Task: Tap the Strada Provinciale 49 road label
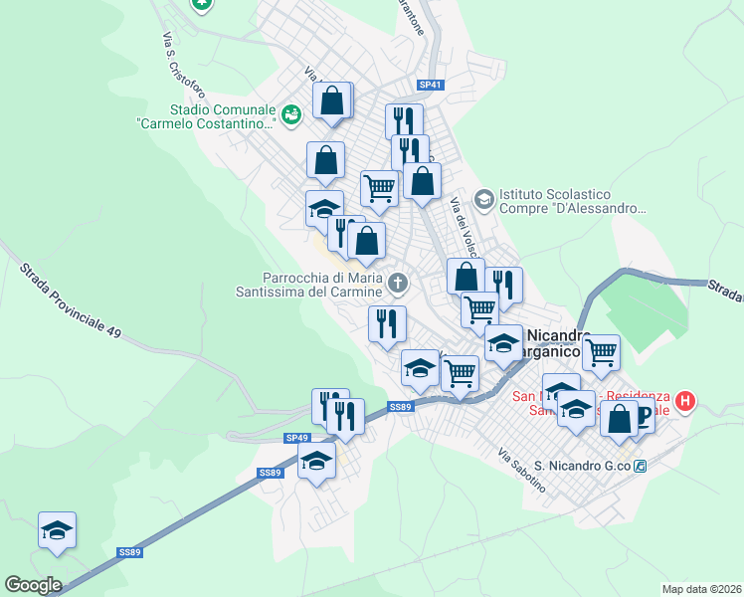coord(70,300)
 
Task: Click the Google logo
coord(33,585)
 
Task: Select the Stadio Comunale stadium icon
coord(290,115)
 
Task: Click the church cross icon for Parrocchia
coord(398,285)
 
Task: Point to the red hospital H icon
coord(684,402)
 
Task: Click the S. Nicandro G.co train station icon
coord(642,466)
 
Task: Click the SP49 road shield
coord(297,438)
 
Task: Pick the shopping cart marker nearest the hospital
coord(601,352)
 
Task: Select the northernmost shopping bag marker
coord(332,99)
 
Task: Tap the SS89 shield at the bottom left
coord(129,552)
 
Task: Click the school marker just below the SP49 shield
coord(317,461)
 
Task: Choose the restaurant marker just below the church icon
coord(387,323)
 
